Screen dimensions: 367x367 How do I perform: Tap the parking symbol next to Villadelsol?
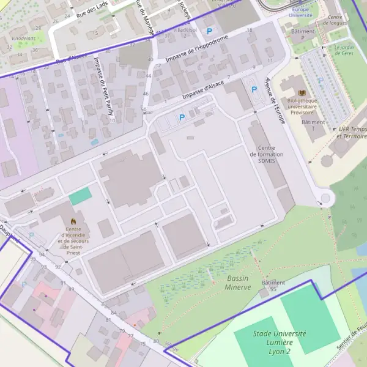coord(210,31)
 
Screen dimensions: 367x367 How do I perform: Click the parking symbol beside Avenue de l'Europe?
coord(254,89)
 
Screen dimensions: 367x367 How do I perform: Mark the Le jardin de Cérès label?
coord(344,49)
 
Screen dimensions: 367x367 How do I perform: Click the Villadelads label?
coord(23,38)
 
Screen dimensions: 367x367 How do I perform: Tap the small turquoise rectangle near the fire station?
coord(80,196)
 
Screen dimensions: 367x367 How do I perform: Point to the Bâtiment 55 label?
coord(273,286)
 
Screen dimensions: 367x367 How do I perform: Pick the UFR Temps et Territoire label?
coord(351,132)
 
